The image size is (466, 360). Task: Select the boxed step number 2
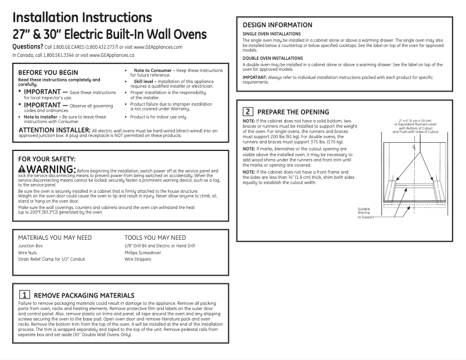[248, 111]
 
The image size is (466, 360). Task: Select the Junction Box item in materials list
[30, 246]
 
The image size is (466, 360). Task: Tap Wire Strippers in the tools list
[137, 259]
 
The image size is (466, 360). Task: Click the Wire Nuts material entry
[28, 253]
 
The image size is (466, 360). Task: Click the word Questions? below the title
[27, 46]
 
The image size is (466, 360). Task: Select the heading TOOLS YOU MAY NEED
[155, 237]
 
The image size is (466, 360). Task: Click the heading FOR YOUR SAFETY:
[47, 159]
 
